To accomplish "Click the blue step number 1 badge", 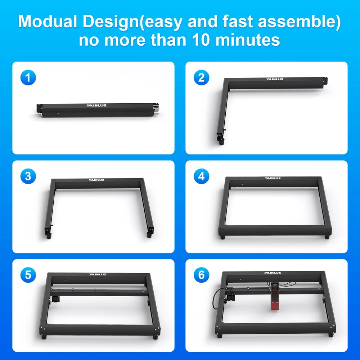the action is (28, 78).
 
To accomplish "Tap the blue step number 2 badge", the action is (201, 78).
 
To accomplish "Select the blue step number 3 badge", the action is (28, 176).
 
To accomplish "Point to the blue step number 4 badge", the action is (201, 176).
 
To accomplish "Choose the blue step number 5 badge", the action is (28, 275).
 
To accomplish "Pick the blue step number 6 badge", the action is (201, 275).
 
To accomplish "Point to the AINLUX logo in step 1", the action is (96, 105).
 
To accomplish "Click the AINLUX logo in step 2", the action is (275, 79).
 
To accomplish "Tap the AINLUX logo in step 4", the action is (273, 178).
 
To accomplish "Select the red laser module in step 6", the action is (275, 301).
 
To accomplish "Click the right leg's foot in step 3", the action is (149, 235).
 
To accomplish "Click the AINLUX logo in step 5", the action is (98, 274).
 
